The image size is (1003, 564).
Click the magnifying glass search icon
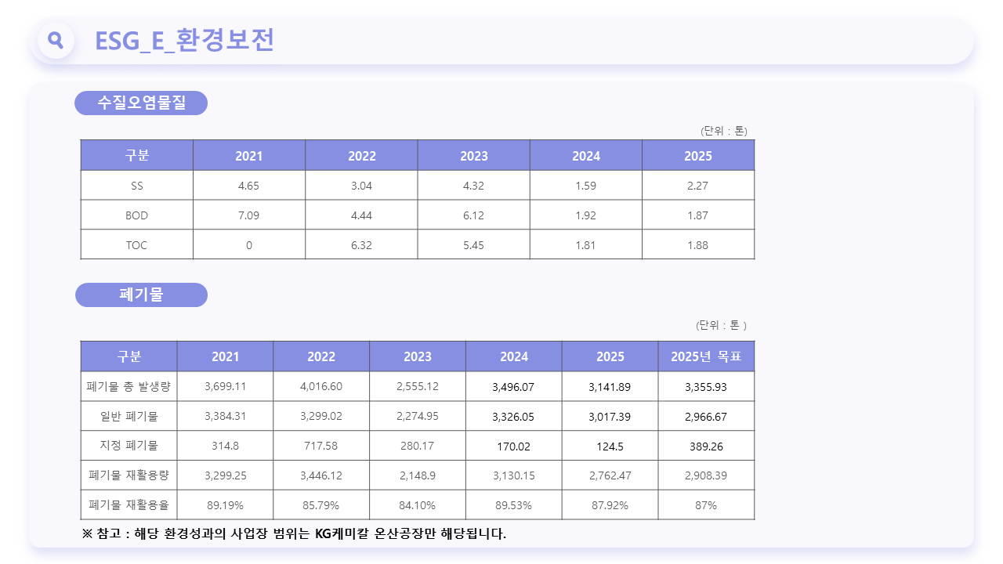click(56, 40)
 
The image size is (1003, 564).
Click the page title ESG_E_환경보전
click(184, 40)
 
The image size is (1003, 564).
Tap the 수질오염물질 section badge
click(141, 103)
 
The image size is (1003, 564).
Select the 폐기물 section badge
click(142, 295)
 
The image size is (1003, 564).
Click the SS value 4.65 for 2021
click(248, 186)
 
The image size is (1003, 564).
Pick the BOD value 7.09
click(248, 215)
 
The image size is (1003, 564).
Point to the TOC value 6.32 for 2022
click(361, 245)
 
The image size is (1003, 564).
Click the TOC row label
click(136, 245)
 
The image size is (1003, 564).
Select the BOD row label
click(136, 215)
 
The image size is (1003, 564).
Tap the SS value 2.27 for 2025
click(697, 186)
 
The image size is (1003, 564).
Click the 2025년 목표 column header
click(706, 356)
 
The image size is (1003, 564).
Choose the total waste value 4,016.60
click(321, 386)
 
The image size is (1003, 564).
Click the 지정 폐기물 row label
click(129, 446)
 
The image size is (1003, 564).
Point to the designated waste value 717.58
click(321, 446)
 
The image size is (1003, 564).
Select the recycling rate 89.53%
click(513, 505)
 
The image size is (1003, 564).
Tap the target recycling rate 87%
click(706, 505)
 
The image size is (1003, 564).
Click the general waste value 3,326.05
click(513, 417)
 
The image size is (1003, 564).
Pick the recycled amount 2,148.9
click(418, 475)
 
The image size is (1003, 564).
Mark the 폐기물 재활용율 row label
click(129, 505)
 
